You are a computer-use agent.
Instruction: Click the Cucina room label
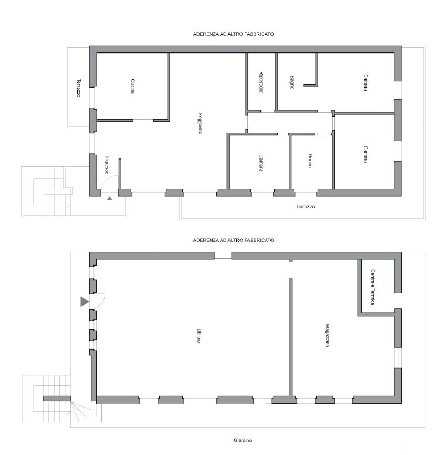[132, 86]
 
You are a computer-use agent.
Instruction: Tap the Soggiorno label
[200, 123]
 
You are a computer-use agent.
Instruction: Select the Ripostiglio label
[261, 82]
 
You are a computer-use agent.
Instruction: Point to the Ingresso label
[107, 165]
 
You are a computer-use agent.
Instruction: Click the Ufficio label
[199, 335]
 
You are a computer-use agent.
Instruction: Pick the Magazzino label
[327, 335]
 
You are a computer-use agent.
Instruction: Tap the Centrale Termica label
[373, 287]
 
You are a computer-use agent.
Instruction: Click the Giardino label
[243, 440]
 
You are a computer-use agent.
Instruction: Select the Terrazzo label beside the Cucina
[78, 88]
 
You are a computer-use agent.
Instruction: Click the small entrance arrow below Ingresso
[109, 199]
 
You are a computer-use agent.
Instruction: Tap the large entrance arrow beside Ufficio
[84, 302]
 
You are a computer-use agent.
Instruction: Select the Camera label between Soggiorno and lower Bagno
[261, 163]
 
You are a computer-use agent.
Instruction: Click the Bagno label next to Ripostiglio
[292, 82]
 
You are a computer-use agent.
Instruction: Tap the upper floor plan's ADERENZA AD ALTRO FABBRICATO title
[234, 34]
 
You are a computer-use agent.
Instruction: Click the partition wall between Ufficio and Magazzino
[291, 336]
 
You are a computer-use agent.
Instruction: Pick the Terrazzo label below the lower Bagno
[306, 207]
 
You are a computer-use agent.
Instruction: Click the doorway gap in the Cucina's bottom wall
[143, 120]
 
